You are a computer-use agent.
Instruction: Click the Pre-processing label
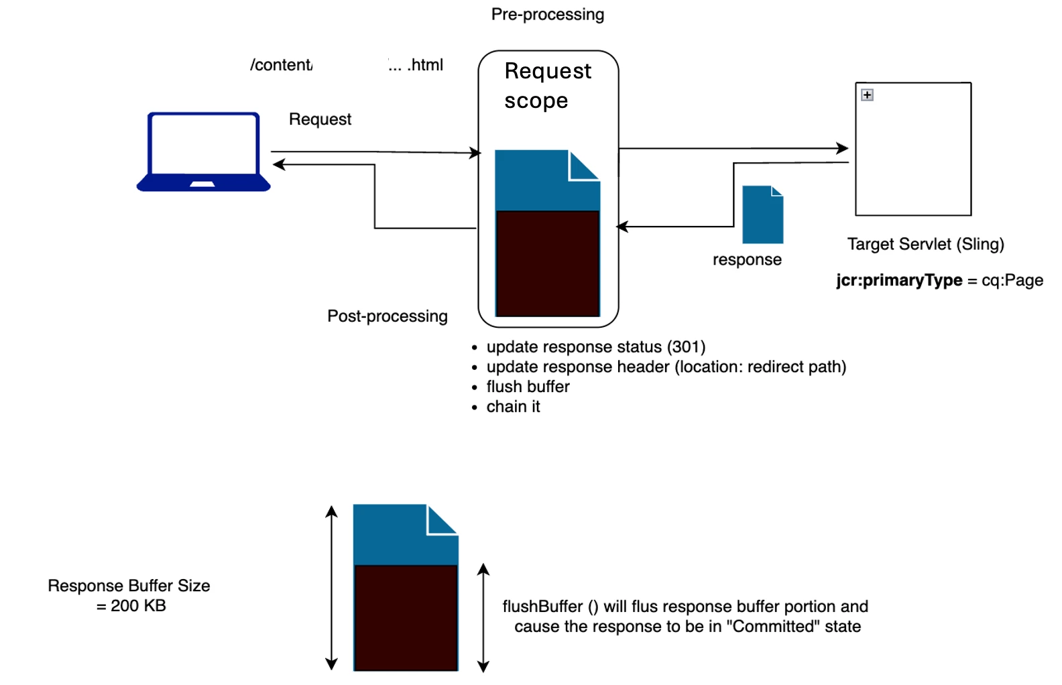547,15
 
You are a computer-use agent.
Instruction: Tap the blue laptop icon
204,152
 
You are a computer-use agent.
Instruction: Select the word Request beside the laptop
320,119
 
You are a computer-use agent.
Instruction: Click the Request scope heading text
547,86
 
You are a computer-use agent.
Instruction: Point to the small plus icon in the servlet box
867,95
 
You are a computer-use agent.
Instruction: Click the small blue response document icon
763,214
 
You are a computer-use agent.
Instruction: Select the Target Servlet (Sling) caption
925,244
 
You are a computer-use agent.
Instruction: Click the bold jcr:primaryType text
898,280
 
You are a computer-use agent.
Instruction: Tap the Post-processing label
387,316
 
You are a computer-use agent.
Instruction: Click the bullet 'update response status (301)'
595,347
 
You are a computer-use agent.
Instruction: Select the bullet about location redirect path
666,367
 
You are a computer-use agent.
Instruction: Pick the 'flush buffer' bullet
528,387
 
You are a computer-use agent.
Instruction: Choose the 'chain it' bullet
513,407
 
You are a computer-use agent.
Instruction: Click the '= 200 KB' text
131,606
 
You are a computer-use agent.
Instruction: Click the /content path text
281,65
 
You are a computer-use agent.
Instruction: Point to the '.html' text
425,65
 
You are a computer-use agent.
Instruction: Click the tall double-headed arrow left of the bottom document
331,588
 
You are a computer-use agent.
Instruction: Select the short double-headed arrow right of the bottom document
483,617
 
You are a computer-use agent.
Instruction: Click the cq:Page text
1012,280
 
